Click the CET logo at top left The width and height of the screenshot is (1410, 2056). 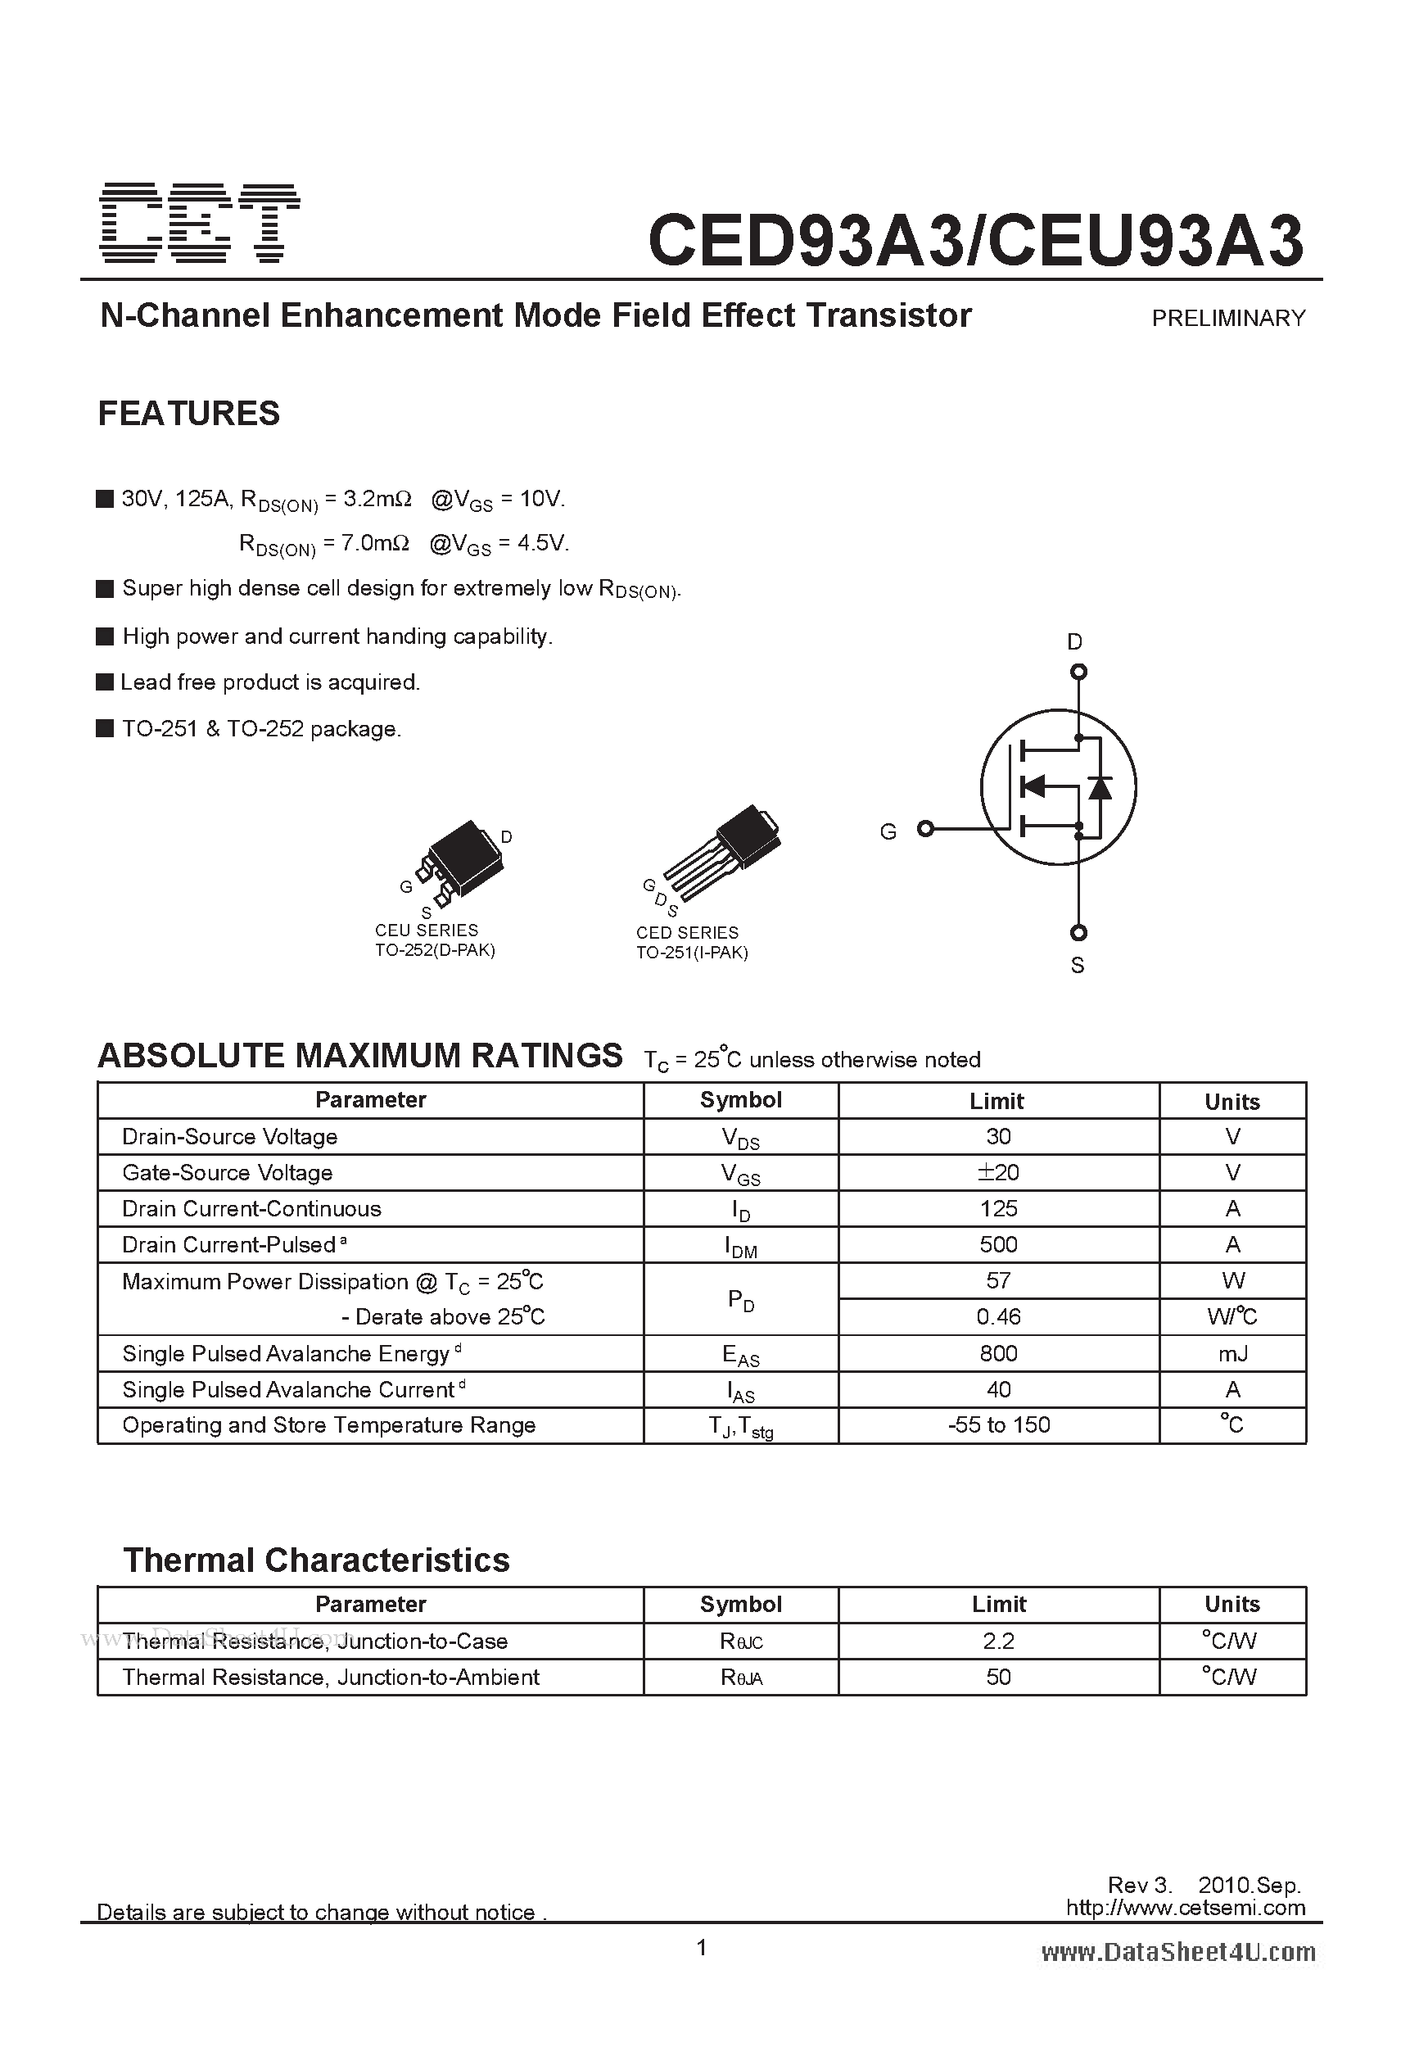pos(200,223)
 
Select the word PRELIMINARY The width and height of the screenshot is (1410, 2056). pos(1227,319)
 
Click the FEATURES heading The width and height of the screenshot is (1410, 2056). pos(188,413)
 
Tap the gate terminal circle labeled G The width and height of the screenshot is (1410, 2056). pos(925,829)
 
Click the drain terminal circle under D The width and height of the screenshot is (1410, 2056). pos(1078,673)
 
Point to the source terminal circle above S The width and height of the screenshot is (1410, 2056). pos(1078,932)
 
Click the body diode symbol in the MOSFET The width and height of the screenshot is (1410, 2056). pos(1100,787)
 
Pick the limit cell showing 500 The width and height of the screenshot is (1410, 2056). pos(998,1245)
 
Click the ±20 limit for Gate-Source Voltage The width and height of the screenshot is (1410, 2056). pos(998,1172)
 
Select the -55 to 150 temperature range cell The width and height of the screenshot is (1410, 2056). pos(998,1425)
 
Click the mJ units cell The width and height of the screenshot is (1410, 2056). pos(1232,1353)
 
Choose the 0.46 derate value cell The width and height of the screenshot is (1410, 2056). pos(998,1317)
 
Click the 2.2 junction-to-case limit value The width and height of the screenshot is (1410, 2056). pos(998,1641)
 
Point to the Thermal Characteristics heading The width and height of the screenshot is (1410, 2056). pos(316,1560)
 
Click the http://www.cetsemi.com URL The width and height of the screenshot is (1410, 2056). pos(1185,1909)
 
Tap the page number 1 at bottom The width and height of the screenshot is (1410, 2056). pos(702,1947)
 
